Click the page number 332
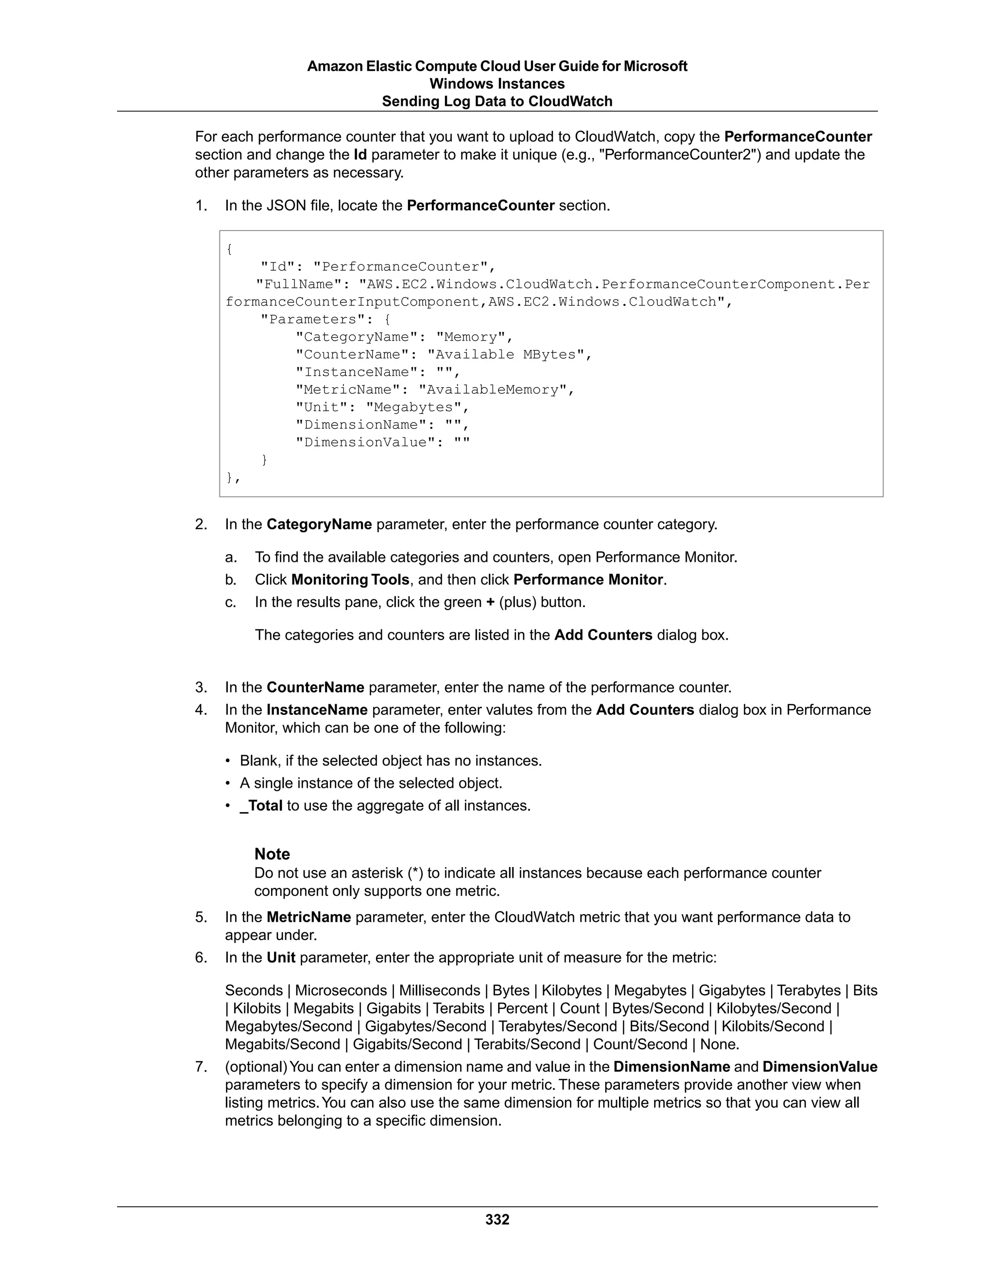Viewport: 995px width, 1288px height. pyautogui.click(x=497, y=1219)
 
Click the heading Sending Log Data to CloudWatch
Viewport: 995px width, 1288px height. pyautogui.click(x=497, y=102)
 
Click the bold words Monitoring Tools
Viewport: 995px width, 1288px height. pyautogui.click(x=350, y=580)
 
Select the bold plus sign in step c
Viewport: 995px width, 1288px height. pyautogui.click(x=490, y=602)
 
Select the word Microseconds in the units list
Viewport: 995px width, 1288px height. pyautogui.click(x=341, y=991)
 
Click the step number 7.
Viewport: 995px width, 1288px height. pyautogui.click(x=201, y=1067)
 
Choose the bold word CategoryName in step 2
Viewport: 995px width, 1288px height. pyautogui.click(x=319, y=524)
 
